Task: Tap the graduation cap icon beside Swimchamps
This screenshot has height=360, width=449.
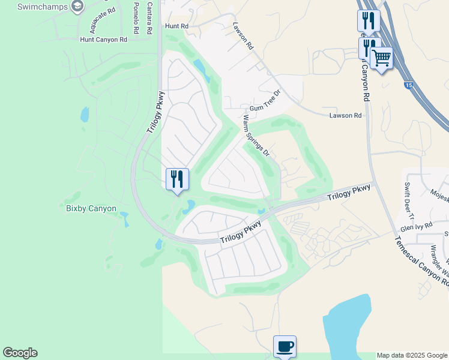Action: [x=77, y=7]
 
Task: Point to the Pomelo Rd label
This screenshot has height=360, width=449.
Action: [x=136, y=18]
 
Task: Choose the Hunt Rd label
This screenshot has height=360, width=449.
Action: [x=176, y=27]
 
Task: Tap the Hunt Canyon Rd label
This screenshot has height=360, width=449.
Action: [x=104, y=40]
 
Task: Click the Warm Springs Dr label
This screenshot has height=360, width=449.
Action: [x=256, y=136]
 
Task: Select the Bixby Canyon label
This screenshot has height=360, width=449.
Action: [x=91, y=208]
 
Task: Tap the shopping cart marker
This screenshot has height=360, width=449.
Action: [x=381, y=58]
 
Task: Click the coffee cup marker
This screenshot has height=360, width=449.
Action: [x=285, y=346]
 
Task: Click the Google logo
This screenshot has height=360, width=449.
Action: [x=20, y=353]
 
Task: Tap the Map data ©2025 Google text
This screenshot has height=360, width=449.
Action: [x=412, y=355]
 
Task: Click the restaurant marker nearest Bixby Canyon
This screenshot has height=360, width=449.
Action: [x=177, y=179]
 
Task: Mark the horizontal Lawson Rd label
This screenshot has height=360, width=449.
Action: [x=346, y=115]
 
